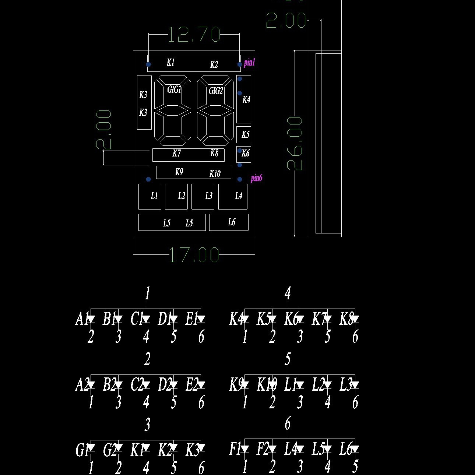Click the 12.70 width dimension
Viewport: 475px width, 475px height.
click(x=194, y=35)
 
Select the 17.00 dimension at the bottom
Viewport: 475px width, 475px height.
click(x=194, y=255)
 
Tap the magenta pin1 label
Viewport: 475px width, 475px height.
click(x=249, y=63)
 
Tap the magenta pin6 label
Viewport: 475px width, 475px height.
click(x=256, y=179)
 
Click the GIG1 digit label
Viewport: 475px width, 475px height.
click(x=174, y=89)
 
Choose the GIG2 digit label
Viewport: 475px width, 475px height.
click(x=216, y=91)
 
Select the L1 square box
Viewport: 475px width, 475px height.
click(x=150, y=197)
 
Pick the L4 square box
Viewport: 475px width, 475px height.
click(x=233, y=197)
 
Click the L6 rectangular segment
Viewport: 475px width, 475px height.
click(x=229, y=222)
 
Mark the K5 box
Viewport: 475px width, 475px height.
click(x=244, y=135)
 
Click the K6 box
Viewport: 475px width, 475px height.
click(x=244, y=154)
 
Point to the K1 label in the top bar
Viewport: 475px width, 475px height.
click(x=170, y=63)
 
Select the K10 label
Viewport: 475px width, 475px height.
click(x=215, y=174)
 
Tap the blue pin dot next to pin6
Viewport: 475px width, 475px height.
click(x=240, y=179)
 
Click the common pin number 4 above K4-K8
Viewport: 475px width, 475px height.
click(x=288, y=293)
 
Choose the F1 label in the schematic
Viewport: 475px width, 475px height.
click(x=235, y=448)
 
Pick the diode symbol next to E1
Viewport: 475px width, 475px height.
click(x=201, y=319)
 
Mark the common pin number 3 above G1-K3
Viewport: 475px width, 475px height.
click(x=147, y=425)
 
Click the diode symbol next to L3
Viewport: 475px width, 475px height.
click(x=355, y=385)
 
